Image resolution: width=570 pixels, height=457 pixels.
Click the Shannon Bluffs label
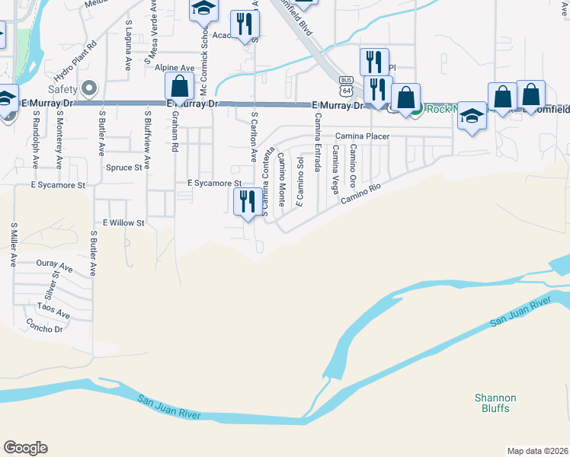(x=495, y=403)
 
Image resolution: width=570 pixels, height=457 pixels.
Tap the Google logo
(x=25, y=448)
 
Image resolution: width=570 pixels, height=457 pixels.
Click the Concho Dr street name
(x=44, y=328)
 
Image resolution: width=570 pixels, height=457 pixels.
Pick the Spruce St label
(x=124, y=168)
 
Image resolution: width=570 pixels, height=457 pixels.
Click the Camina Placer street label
(x=362, y=136)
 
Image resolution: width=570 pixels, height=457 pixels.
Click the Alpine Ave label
(x=175, y=68)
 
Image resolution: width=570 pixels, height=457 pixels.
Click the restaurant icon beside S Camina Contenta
(x=245, y=201)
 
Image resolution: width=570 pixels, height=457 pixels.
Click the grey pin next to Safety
(x=91, y=88)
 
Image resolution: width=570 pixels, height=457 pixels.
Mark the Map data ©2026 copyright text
(x=536, y=451)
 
